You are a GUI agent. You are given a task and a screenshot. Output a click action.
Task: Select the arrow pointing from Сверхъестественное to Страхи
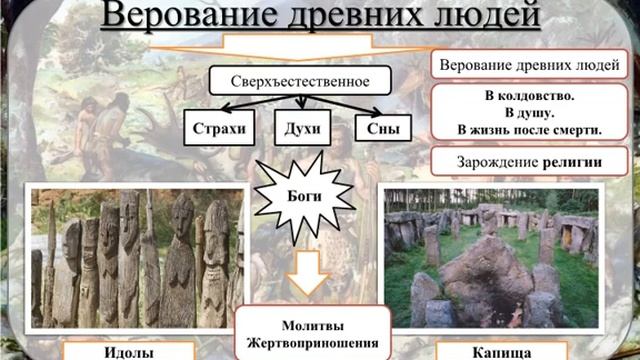click(246, 104)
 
